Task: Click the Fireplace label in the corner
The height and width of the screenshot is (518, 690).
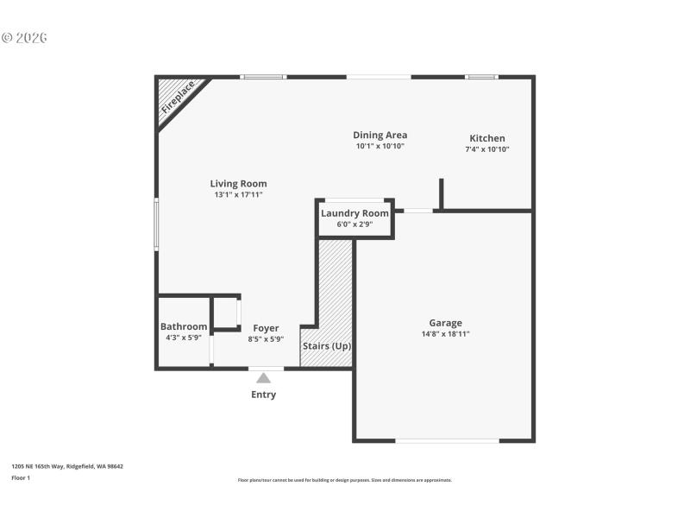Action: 179,98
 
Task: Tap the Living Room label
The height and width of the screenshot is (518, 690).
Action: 238,183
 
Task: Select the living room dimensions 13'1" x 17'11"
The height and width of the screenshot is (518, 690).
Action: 238,195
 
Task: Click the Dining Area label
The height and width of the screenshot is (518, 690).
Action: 379,135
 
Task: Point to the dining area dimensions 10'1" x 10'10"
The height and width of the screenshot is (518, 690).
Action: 379,147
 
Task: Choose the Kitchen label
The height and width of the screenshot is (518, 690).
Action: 486,138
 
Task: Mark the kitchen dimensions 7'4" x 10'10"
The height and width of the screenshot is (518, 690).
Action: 486,149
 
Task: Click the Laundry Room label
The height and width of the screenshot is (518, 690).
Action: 354,213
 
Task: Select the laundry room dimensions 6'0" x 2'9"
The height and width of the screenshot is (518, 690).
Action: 354,224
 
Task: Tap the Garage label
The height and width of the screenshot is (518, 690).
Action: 445,323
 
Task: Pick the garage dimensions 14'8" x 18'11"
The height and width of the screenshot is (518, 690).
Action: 445,334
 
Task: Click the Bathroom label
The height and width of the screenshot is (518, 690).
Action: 184,326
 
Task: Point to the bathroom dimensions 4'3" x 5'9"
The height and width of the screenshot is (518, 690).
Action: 184,338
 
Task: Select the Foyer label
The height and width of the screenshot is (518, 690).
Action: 266,328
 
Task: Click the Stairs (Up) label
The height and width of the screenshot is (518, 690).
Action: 326,346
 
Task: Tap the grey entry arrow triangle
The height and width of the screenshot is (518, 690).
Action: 263,377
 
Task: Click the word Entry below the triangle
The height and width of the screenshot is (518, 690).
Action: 263,395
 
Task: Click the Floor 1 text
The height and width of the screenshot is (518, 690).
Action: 21,477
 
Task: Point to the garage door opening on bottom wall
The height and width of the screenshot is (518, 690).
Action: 447,441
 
